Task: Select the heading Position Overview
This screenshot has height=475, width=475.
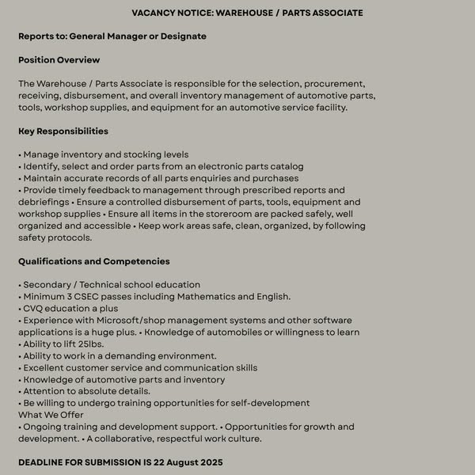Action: tap(59, 60)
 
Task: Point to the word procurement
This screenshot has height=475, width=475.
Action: tap(332, 84)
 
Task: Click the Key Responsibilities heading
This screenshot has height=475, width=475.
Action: tap(63, 131)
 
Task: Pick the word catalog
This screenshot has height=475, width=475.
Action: tap(286, 167)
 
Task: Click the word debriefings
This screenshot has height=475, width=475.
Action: tap(44, 203)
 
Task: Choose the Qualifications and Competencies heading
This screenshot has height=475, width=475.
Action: tap(94, 262)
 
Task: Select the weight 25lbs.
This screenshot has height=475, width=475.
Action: tap(89, 344)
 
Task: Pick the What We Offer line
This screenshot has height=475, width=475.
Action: tap(51, 415)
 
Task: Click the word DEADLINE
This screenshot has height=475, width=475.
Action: tap(46, 462)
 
